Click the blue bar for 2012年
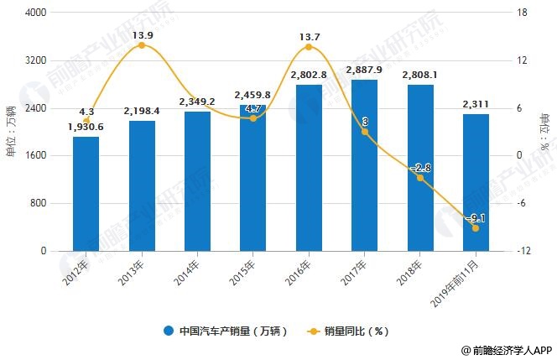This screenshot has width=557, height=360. click(86, 194)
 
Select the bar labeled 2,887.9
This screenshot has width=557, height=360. click(364, 165)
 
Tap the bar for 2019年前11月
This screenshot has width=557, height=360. click(476, 182)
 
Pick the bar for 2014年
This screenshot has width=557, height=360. click(197, 181)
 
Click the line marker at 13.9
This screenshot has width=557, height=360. click(141, 45)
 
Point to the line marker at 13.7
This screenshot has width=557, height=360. click(309, 47)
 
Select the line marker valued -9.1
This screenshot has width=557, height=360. click(476, 228)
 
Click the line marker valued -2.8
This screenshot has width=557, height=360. click(420, 178)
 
